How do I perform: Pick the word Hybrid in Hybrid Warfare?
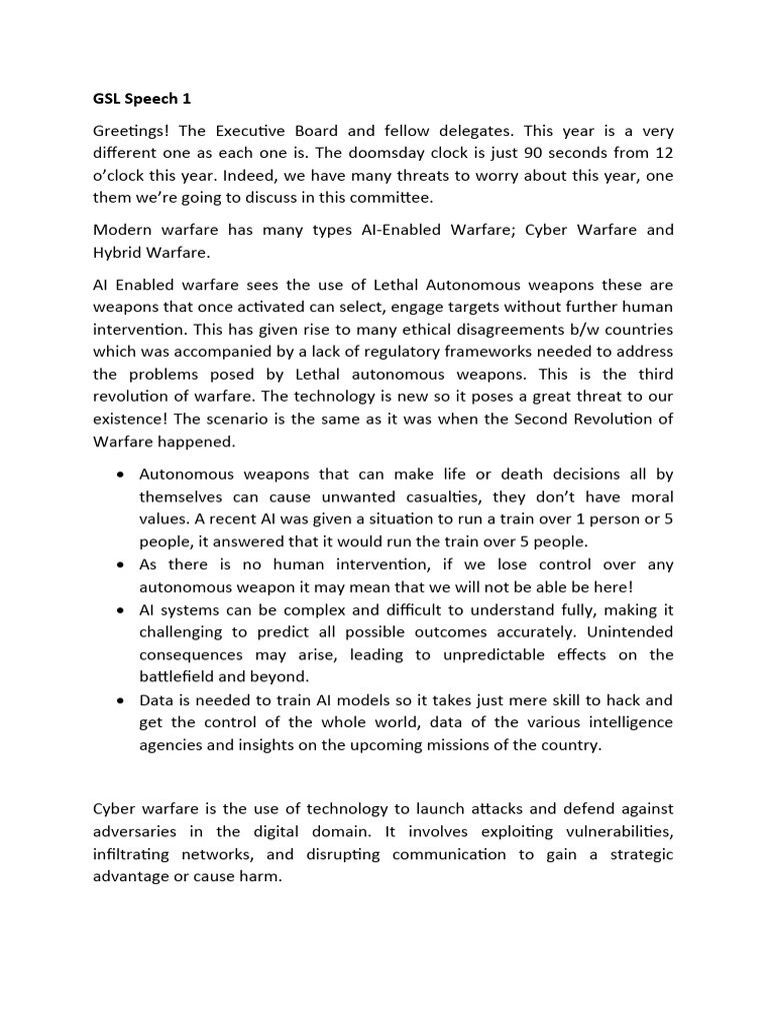[119, 252]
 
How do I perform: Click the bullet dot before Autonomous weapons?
[121, 475]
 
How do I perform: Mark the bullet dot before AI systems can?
[121, 609]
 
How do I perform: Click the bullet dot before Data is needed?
[121, 700]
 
